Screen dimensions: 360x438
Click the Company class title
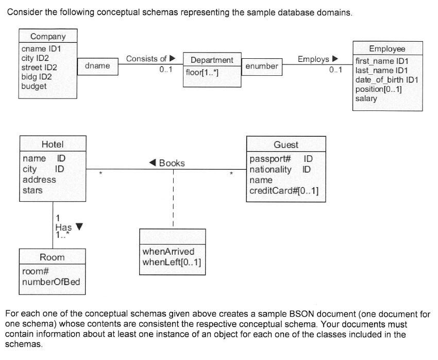tap(48, 36)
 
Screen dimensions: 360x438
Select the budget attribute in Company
tap(33, 86)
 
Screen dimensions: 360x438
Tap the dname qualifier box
tap(97, 66)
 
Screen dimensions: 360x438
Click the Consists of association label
tap(146, 59)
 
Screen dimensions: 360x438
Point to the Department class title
tap(212, 60)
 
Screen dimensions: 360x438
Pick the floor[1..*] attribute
tap(202, 72)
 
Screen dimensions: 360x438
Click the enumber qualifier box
tap(262, 66)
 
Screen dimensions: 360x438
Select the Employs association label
tap(313, 59)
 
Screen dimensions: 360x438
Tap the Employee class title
tap(387, 48)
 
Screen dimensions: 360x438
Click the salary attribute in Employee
tap(366, 98)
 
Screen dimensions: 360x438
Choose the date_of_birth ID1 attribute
tap(386, 79)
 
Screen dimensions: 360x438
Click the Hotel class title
tap(52, 144)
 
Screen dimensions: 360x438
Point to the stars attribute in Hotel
tap(32, 190)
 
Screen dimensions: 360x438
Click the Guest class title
tap(285, 145)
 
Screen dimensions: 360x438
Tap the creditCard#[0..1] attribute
tap(283, 191)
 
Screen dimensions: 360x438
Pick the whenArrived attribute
tap(168, 252)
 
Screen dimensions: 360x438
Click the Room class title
tap(52, 257)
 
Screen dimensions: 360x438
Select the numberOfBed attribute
tap(50, 282)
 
